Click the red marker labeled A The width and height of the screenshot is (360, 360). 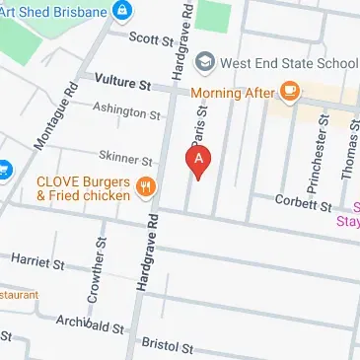coord(199,161)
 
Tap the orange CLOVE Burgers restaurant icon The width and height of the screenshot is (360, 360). coord(145,185)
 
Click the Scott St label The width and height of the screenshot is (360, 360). coord(150,37)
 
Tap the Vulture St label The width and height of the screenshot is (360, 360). coord(125,84)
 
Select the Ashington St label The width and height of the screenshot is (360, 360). coord(126,111)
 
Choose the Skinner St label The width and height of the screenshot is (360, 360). coord(126,159)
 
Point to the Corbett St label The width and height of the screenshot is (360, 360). coord(305,204)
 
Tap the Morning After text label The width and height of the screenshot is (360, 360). coord(233,94)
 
